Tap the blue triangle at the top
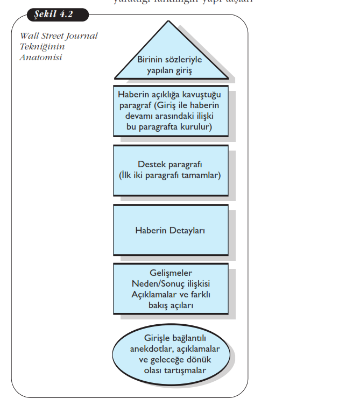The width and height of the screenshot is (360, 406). (170, 54)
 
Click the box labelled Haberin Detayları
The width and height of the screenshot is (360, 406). (171, 230)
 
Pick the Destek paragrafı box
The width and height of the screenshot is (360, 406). (171, 170)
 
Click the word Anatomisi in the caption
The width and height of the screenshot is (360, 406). (40, 58)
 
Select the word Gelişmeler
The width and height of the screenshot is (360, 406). (170, 273)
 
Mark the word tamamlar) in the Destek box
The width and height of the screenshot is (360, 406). (200, 175)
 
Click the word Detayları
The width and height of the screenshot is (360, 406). (187, 230)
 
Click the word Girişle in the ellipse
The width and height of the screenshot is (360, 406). (145, 338)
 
